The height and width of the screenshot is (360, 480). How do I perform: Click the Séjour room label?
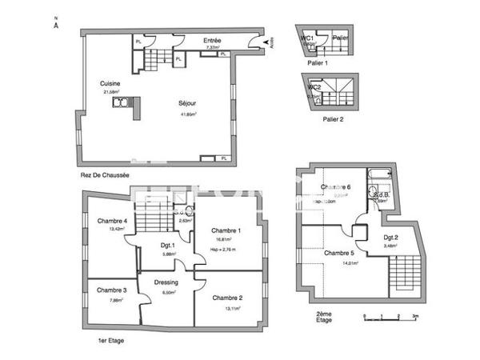[x=189, y=103]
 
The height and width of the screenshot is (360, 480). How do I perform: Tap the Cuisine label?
[x=110, y=83]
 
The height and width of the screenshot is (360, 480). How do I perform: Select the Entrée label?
[x=212, y=40]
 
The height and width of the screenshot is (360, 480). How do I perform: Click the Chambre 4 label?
[x=113, y=221]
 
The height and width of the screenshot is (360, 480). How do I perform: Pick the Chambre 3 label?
[x=112, y=290]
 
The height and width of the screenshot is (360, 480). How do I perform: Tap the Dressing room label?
[x=166, y=282]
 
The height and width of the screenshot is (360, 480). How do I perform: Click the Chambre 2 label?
[x=228, y=298]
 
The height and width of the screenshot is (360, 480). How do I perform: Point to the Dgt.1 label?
[x=166, y=246]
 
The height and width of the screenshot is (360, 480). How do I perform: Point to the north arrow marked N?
[x=56, y=23]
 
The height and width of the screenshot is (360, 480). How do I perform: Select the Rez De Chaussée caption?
[x=105, y=174]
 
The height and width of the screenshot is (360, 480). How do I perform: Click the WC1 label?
[x=307, y=38]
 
